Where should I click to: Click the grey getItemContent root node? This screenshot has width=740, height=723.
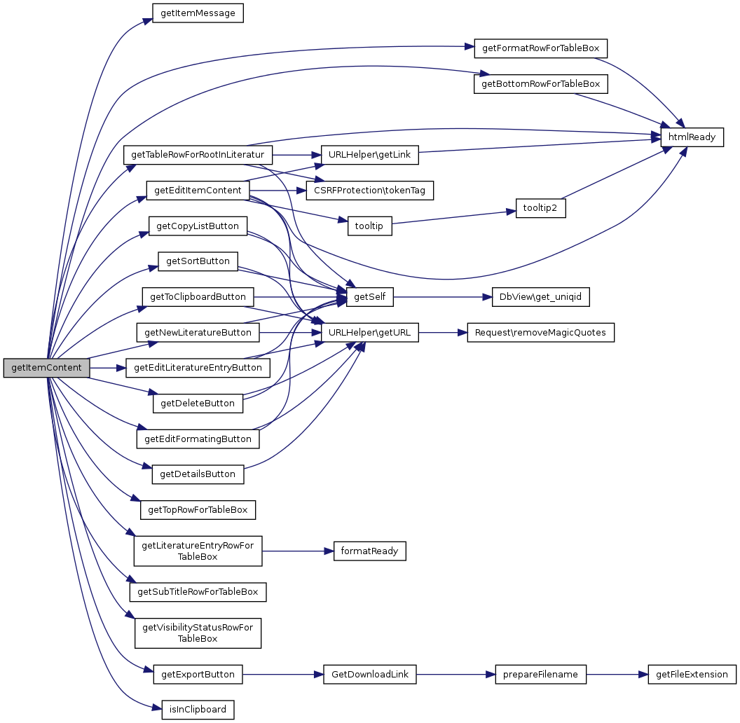pyautogui.click(x=46, y=368)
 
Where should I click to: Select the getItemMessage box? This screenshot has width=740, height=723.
pyautogui.click(x=198, y=13)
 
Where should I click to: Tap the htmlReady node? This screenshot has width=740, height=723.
pyautogui.click(x=692, y=137)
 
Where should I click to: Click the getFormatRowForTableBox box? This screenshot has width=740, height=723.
pyautogui.click(x=540, y=48)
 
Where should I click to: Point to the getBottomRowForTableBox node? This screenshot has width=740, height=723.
pyautogui.click(x=540, y=84)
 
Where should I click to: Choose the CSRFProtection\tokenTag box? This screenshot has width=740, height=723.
pyautogui.click(x=369, y=190)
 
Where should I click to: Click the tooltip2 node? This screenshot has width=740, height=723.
pyautogui.click(x=540, y=208)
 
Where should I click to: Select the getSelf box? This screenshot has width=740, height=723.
pyautogui.click(x=369, y=297)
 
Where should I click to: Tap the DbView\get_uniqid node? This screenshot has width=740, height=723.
pyautogui.click(x=540, y=297)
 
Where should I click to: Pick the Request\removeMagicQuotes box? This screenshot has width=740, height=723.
pyautogui.click(x=540, y=332)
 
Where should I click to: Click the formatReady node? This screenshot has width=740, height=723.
pyautogui.click(x=369, y=551)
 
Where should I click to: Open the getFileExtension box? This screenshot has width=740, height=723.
pyautogui.click(x=692, y=675)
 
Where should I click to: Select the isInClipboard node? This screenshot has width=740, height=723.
pyautogui.click(x=198, y=710)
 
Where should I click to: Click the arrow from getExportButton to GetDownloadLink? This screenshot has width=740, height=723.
pyautogui.click(x=282, y=675)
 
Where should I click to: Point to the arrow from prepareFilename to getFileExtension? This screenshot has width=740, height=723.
pyautogui.click(x=617, y=675)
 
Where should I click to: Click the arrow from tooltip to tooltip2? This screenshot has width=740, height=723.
pyautogui.click(x=453, y=218)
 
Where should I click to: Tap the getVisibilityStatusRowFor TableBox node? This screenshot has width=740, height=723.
pyautogui.click(x=198, y=633)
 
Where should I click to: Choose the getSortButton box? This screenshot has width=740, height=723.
pyautogui.click(x=198, y=261)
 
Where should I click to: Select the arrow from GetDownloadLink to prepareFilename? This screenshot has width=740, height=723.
pyautogui.click(x=456, y=675)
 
